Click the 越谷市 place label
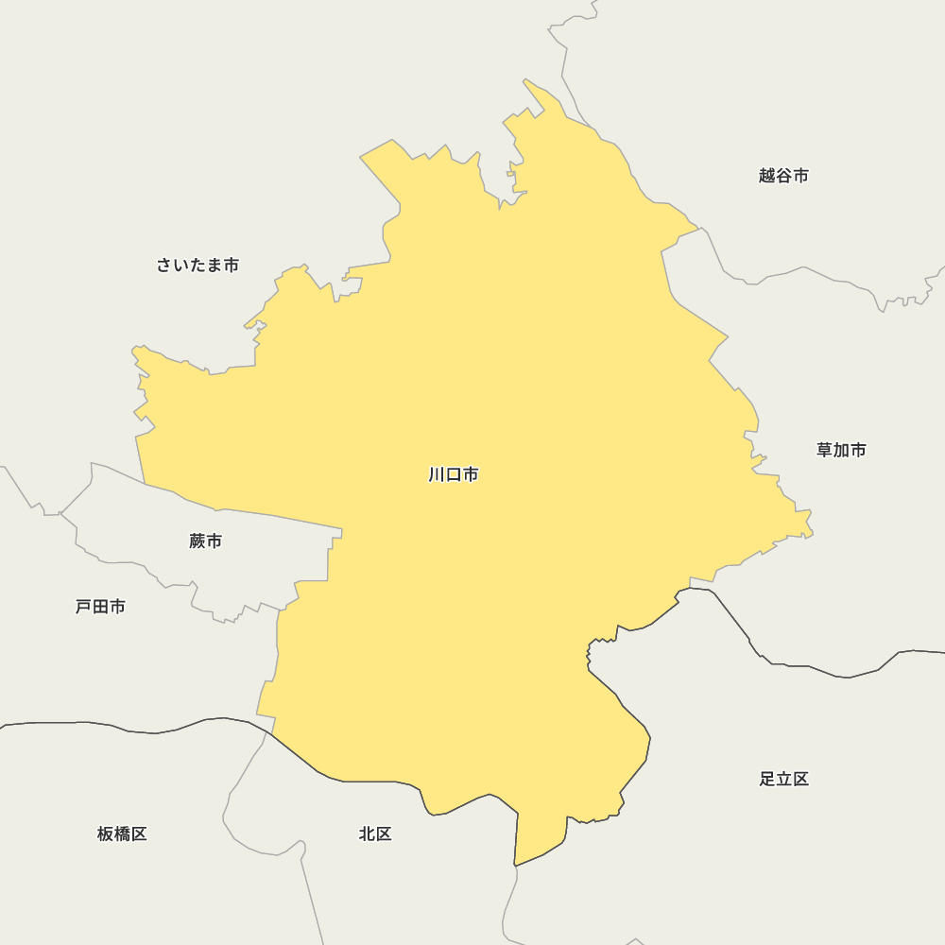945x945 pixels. click(x=783, y=176)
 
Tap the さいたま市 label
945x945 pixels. click(x=198, y=266)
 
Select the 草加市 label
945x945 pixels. click(x=841, y=450)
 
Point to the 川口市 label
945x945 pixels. click(x=454, y=474)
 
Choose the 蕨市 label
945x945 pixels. click(x=205, y=541)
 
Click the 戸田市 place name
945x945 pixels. click(x=100, y=607)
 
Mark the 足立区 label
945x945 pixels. click(x=783, y=780)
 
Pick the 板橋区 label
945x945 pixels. click(x=122, y=834)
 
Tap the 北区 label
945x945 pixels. click(x=375, y=834)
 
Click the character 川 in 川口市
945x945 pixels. click(x=437, y=474)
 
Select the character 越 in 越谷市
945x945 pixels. click(x=766, y=176)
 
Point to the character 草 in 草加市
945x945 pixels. click(x=824, y=450)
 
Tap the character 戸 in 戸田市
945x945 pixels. click(x=83, y=607)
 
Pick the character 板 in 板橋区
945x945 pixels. click(x=105, y=834)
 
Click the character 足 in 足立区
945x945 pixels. click(x=766, y=780)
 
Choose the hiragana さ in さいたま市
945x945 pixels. click(x=164, y=266)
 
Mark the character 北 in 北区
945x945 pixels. click(x=367, y=834)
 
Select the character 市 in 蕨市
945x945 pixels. click(x=214, y=541)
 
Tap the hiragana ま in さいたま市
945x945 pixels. click(x=214, y=266)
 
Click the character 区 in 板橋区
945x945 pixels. click(x=139, y=834)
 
